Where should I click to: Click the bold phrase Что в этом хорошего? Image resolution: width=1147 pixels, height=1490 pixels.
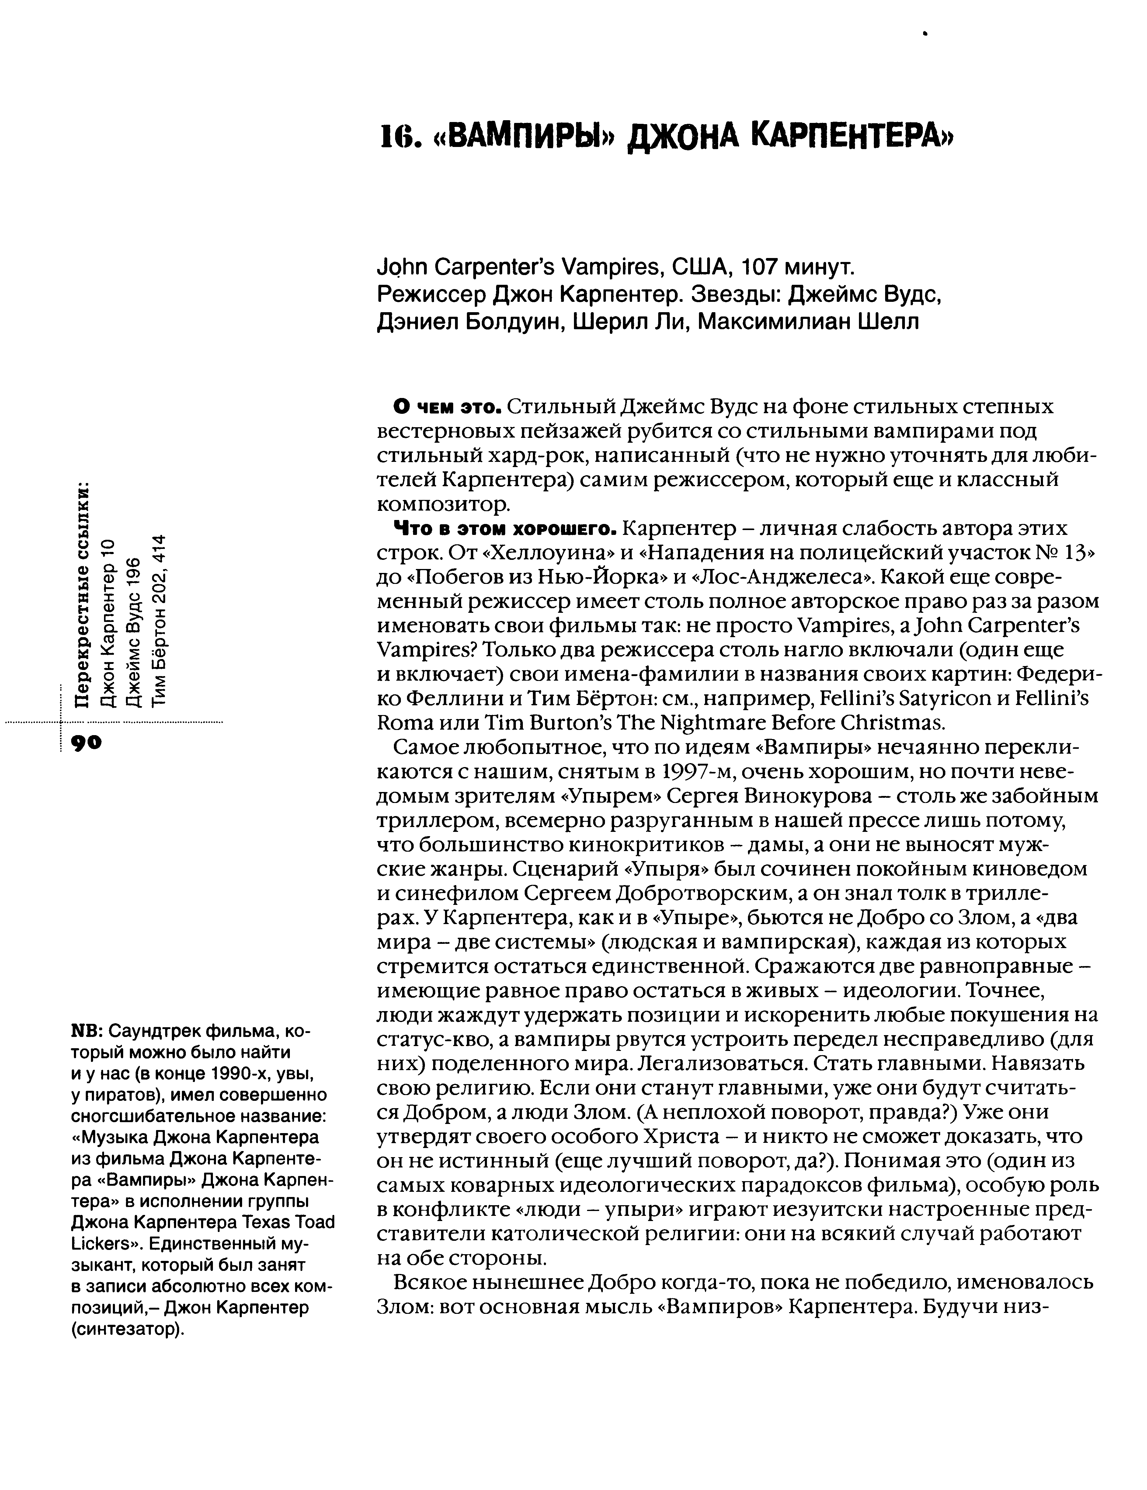[505, 529]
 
